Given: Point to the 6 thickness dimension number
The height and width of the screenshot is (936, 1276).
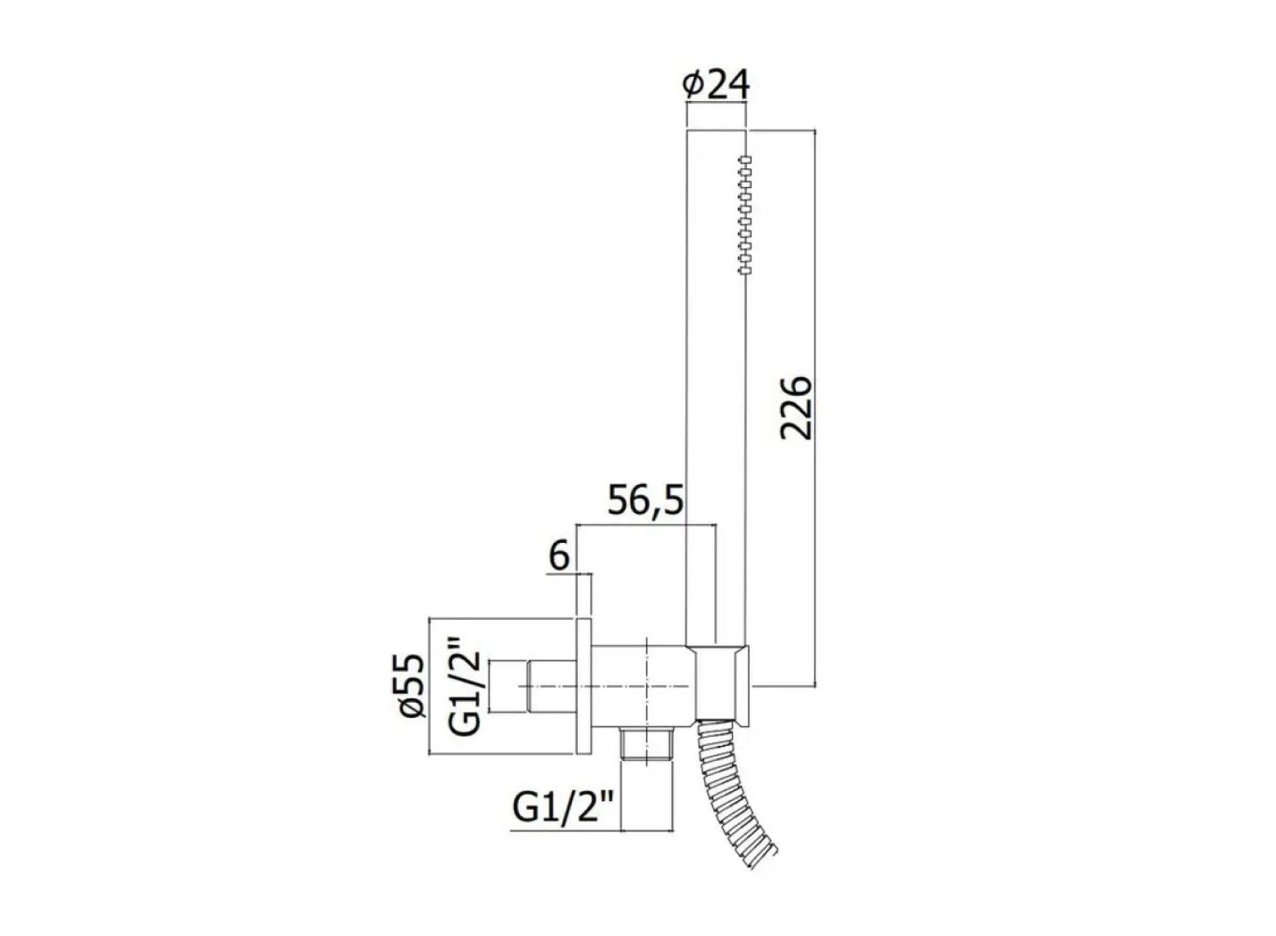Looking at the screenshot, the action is pos(559,556).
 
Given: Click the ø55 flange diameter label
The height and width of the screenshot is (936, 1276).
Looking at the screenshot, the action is pos(413,686).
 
